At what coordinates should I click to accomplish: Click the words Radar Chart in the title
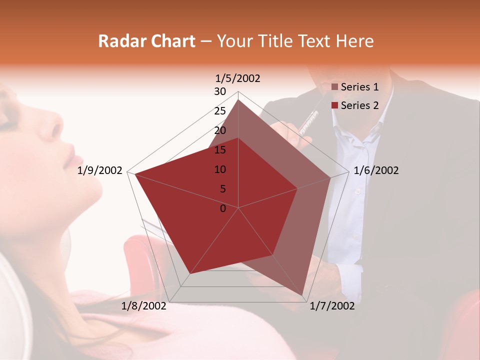[x=146, y=41]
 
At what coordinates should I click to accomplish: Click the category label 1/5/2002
[x=238, y=78]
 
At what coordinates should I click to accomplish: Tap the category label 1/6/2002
[x=376, y=170]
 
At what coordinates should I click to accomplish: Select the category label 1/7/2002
[x=332, y=306]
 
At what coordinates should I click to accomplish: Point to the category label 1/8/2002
[x=144, y=306]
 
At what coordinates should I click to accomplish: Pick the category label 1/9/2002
[x=100, y=170]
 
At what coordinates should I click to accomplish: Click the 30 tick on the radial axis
[x=220, y=91]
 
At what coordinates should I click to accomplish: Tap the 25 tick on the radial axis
[x=220, y=111]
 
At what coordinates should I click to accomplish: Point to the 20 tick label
[x=220, y=130]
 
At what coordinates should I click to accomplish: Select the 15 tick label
[x=220, y=150]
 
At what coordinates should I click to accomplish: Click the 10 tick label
[x=220, y=169]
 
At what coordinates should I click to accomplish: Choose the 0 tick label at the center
[x=223, y=208]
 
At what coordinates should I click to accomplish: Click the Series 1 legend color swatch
[x=335, y=87]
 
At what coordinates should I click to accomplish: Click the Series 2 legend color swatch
[x=335, y=105]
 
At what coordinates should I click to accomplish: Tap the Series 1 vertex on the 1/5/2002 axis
[x=238, y=99]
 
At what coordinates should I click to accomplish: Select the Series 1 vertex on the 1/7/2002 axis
[x=302, y=295]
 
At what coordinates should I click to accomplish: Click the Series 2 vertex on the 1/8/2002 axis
[x=190, y=273]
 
